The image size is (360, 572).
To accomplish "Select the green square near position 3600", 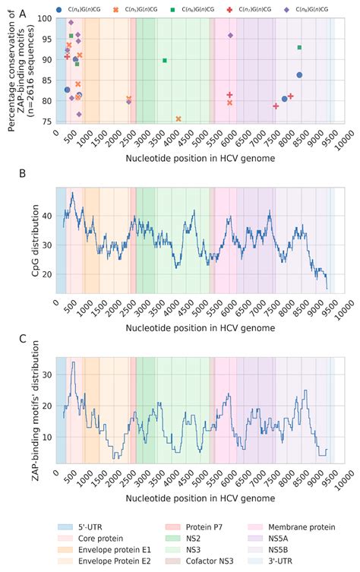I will pos(165,60).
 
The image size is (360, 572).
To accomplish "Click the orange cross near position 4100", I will pos(178,119).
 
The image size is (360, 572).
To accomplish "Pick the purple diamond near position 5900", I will pos(230,36).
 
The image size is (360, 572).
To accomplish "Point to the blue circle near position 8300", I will pos(299,74).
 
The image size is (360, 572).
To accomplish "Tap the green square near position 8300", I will pos(299,47).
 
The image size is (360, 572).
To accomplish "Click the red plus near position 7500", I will pos(276,106).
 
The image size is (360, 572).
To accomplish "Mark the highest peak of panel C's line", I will pos(73,362).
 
